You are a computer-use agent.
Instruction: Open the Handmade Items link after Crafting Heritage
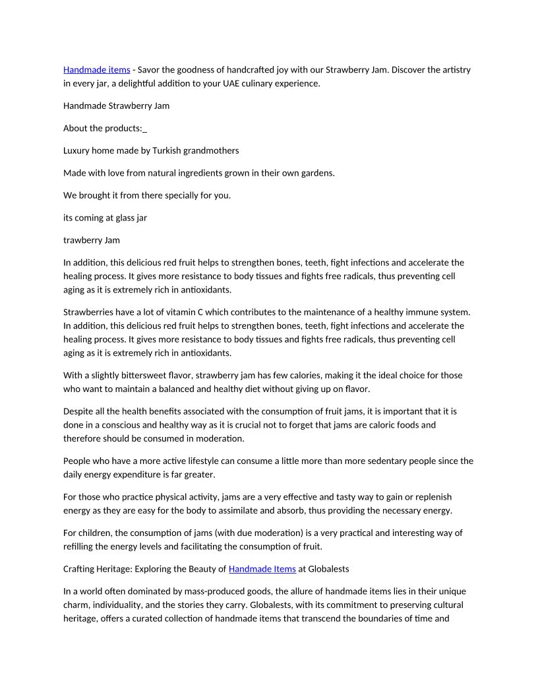click(262, 568)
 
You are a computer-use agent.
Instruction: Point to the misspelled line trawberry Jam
click(91, 240)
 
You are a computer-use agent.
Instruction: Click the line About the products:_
click(105, 128)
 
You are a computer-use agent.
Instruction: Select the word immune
click(405, 312)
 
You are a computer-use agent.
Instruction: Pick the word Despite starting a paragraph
click(79, 411)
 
